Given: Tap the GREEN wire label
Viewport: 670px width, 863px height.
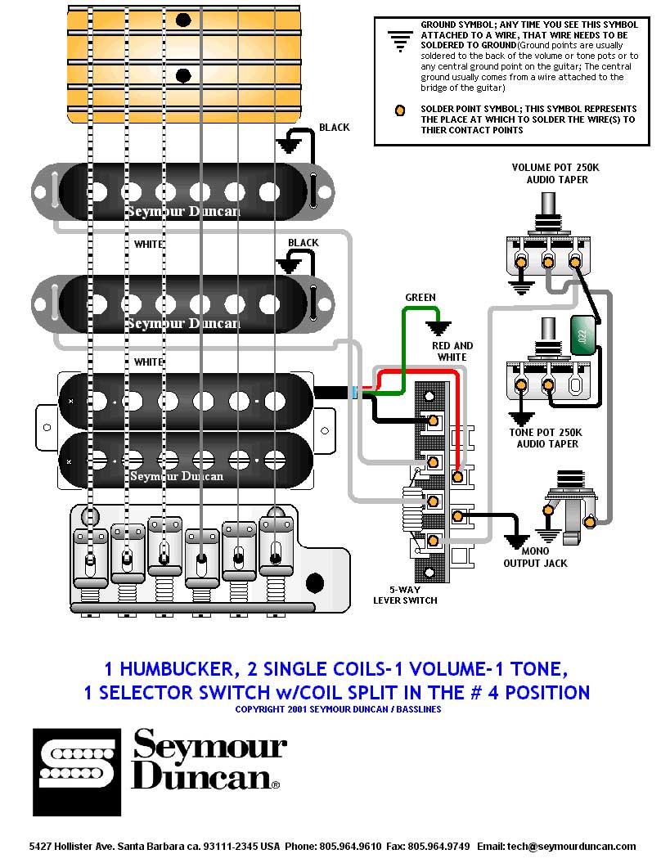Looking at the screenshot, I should pyautogui.click(x=420, y=297).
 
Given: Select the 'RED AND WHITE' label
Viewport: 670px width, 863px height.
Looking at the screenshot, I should pyautogui.click(x=452, y=351).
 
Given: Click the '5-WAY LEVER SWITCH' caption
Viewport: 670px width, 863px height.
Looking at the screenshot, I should pyautogui.click(x=405, y=595).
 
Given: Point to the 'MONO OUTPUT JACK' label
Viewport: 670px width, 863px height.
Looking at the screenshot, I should pyautogui.click(x=535, y=558).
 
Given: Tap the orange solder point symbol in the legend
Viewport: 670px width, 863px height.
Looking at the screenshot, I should pyautogui.click(x=400, y=110).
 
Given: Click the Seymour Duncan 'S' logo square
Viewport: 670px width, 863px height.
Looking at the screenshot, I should pyautogui.click(x=77, y=771).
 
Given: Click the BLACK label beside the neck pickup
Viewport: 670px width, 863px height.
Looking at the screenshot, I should pyautogui.click(x=335, y=127).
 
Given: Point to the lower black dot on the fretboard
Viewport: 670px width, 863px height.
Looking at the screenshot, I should pyautogui.click(x=184, y=75).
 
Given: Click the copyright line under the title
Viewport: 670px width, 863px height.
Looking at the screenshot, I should pyautogui.click(x=338, y=709).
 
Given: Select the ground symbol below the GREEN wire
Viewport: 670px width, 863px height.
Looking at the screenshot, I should pyautogui.click(x=439, y=329).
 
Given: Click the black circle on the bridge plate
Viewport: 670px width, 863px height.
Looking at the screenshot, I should pyautogui.click(x=314, y=583).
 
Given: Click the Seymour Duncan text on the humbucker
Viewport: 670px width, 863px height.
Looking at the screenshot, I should pyautogui.click(x=177, y=475).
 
